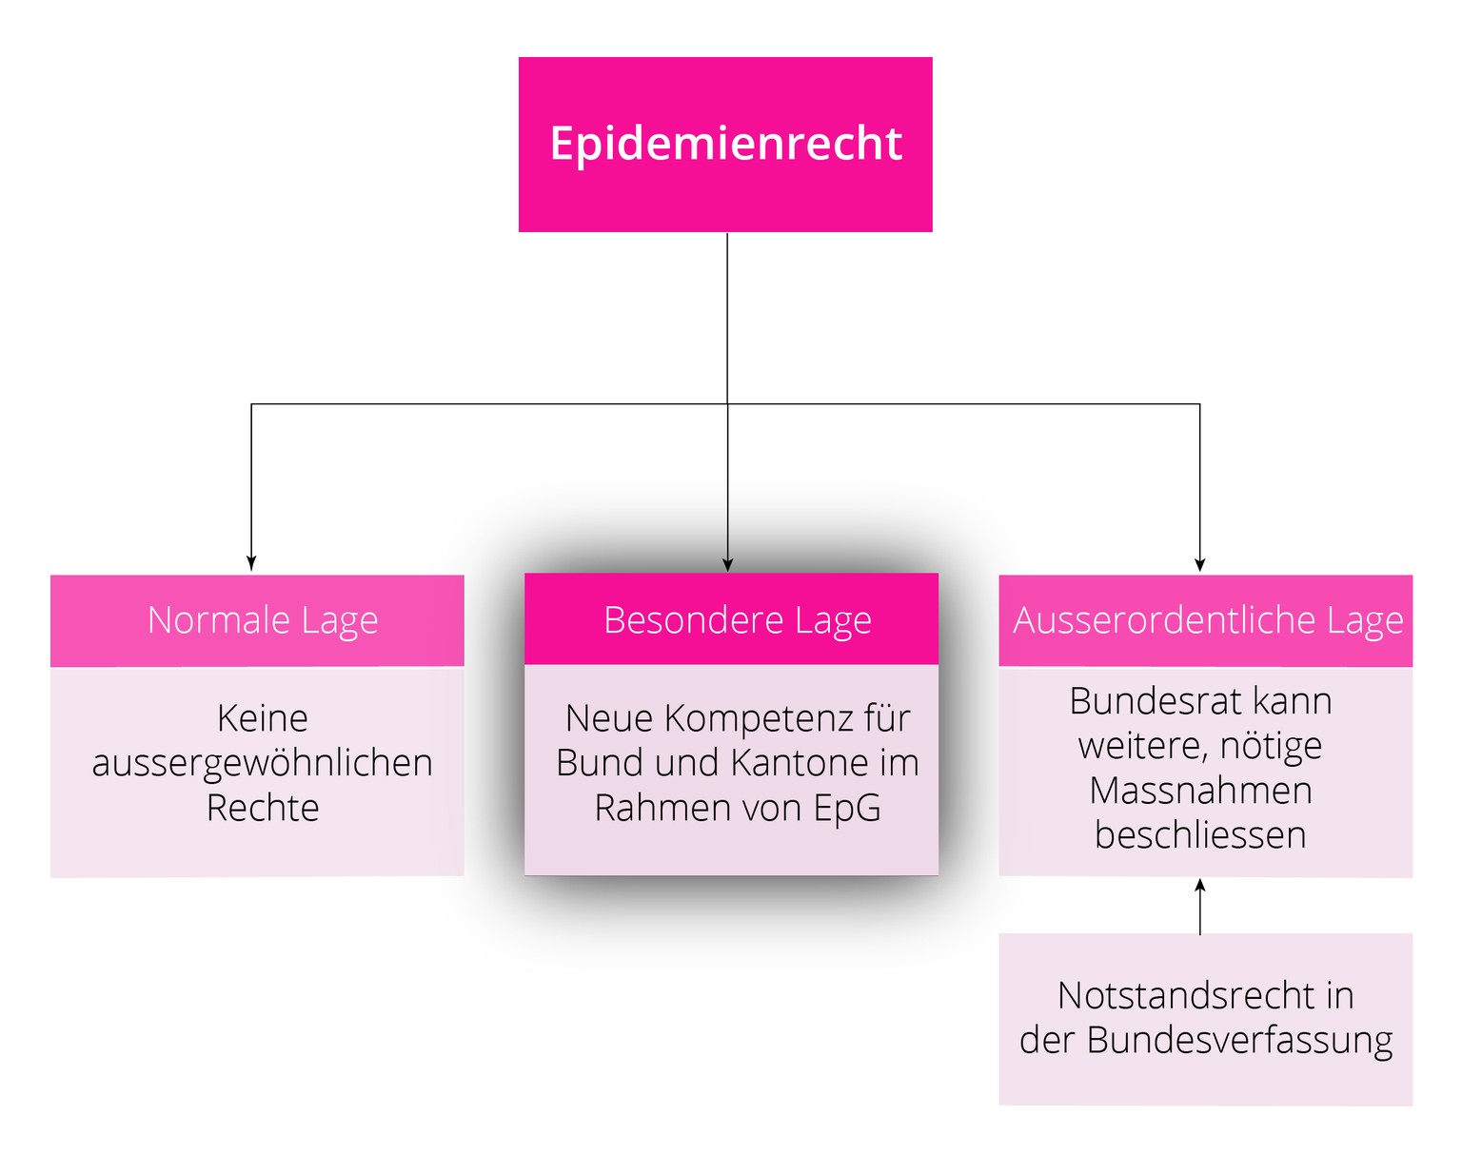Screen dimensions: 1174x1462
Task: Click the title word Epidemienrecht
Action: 725,144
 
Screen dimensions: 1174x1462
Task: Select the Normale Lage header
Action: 263,620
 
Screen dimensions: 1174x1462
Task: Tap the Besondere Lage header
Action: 737,620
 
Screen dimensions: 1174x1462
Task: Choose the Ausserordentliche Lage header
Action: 1207,620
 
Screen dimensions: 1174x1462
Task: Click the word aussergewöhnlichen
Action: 263,763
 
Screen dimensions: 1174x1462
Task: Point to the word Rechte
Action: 263,808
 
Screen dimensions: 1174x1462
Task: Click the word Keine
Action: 263,718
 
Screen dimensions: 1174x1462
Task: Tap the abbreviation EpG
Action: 846,808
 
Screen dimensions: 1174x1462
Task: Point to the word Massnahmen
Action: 1200,791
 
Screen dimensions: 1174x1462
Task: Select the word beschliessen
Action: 1200,835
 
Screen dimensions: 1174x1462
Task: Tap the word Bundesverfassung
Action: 1239,1041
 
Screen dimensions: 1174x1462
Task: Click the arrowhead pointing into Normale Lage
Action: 251,563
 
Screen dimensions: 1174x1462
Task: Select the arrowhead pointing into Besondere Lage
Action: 727,563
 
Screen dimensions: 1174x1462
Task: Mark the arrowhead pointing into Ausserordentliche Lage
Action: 1199,563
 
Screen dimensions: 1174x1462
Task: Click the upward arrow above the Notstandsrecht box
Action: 1200,887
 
